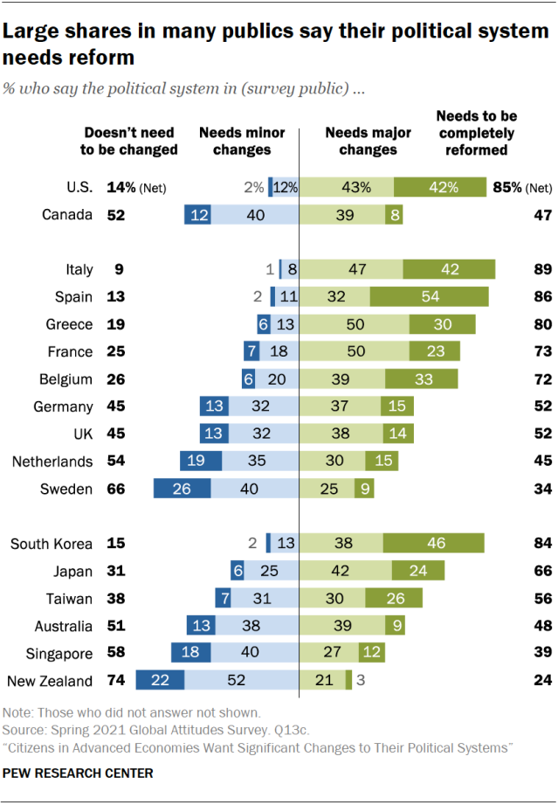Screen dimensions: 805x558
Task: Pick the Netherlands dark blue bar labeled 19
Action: (x=201, y=461)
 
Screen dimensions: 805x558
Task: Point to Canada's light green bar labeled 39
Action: (x=343, y=214)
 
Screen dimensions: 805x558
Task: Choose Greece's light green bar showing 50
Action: (x=355, y=324)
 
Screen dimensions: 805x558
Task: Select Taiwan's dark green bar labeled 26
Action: (x=394, y=598)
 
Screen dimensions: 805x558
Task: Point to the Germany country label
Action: (x=63, y=406)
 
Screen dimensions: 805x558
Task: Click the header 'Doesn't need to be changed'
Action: (x=128, y=141)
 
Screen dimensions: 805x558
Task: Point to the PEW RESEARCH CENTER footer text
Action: (x=78, y=774)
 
